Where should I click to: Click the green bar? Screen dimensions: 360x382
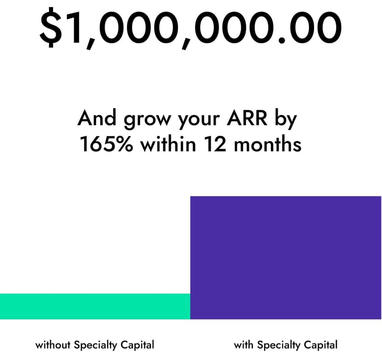tap(95, 306)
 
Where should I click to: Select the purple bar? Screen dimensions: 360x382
tap(286, 257)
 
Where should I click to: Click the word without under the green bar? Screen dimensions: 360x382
tap(53, 345)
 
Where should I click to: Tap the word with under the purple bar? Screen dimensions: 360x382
tap(244, 345)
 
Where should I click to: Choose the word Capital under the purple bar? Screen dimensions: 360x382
tap(321, 345)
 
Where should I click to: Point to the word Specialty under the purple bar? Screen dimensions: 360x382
tap(279, 345)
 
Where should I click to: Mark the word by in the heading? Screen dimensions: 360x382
tap(286, 119)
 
